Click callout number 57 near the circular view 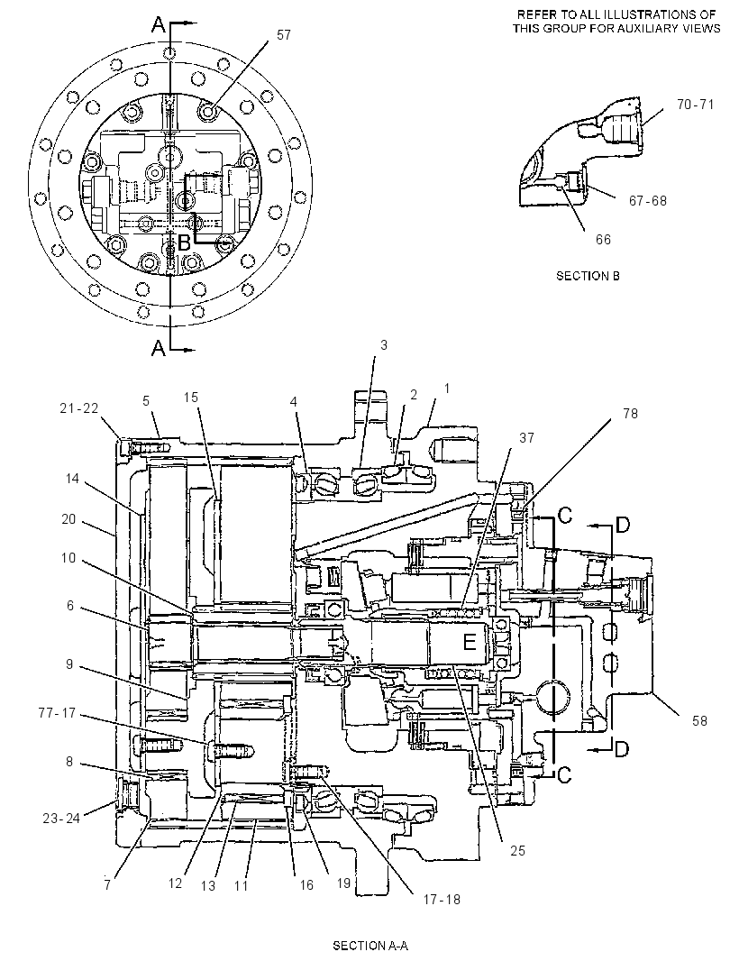tap(284, 35)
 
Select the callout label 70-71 tap(696, 105)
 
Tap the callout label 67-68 tap(648, 200)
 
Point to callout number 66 tap(604, 239)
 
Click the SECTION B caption tap(588, 276)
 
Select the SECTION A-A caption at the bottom tap(370, 945)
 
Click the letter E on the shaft tap(470, 642)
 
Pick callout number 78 tap(631, 414)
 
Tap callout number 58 tap(699, 720)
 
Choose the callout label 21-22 tap(79, 407)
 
